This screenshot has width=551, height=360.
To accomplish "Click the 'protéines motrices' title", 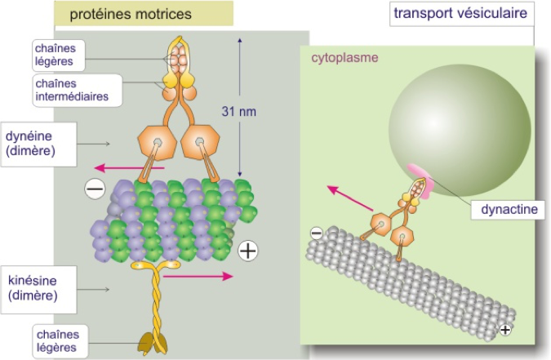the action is [x=131, y=14].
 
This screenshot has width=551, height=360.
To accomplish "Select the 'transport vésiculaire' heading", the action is [x=460, y=13].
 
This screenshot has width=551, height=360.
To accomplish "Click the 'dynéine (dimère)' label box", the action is [x=38, y=144].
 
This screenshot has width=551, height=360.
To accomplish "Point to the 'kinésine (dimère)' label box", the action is [x=38, y=289].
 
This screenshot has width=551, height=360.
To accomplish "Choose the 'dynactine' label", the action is [x=509, y=210].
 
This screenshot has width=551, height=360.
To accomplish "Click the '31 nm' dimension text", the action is [x=238, y=112].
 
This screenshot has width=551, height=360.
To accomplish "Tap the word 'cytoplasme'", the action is [x=344, y=58].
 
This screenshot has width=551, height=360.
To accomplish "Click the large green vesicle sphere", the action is [x=460, y=130].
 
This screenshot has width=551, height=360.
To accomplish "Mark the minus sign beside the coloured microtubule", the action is [x=95, y=189].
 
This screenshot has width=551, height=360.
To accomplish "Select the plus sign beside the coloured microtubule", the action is [x=248, y=251].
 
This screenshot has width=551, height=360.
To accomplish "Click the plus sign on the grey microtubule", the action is [x=505, y=330].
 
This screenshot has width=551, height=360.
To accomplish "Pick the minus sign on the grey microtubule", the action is [x=317, y=233].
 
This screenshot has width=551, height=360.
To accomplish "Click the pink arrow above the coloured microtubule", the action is [x=130, y=168].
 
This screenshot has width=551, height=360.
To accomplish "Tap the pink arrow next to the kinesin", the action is [x=198, y=277].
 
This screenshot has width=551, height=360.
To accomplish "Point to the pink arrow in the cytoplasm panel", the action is [x=350, y=198].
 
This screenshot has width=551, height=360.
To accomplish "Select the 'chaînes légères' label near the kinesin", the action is [x=58, y=341].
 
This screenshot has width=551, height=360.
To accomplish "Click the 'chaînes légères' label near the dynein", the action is [x=56, y=55].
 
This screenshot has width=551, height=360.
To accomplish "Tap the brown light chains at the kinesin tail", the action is [x=153, y=343].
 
